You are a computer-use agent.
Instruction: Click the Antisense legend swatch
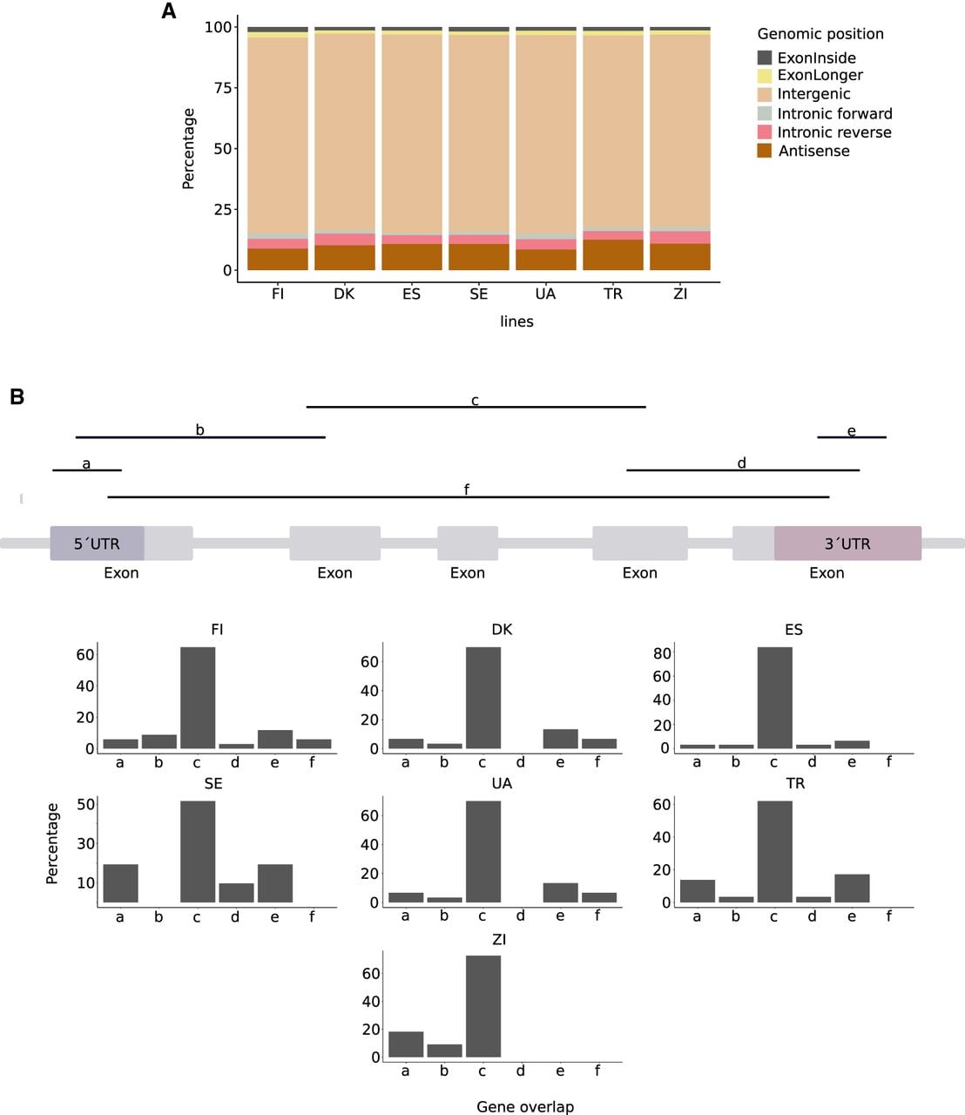point(765,151)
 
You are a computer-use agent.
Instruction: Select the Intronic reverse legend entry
point(824,132)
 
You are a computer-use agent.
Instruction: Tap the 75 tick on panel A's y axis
point(223,88)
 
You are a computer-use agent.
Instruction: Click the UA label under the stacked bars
point(545,294)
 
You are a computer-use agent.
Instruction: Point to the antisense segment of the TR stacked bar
point(613,254)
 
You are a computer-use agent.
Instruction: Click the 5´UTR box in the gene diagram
point(97,544)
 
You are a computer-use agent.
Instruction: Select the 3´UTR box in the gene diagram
point(847,544)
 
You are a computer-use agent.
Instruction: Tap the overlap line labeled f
point(469,497)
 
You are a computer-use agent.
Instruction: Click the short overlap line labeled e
point(852,437)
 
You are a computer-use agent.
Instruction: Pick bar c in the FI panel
point(198,698)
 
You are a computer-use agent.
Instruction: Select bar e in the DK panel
point(560,739)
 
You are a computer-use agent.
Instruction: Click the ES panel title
point(794,630)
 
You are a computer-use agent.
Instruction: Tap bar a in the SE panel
point(120,883)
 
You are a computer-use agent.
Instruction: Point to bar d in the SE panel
point(236,893)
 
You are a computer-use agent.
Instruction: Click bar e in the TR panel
point(852,889)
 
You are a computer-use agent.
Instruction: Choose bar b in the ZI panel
point(444,1051)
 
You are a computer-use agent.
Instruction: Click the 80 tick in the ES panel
point(662,653)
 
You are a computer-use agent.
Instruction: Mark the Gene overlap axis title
point(525,1107)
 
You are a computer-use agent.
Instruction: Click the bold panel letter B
point(17,397)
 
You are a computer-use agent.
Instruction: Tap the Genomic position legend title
point(820,34)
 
